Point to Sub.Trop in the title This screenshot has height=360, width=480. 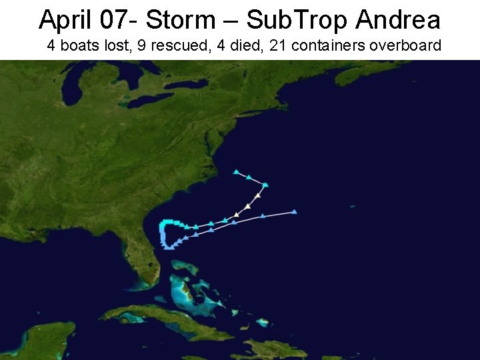297,20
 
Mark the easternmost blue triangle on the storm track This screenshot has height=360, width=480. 294,211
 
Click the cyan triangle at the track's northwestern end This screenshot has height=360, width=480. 236,172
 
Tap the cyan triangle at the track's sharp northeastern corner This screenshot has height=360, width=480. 265,184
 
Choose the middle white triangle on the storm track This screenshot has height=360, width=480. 248,206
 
